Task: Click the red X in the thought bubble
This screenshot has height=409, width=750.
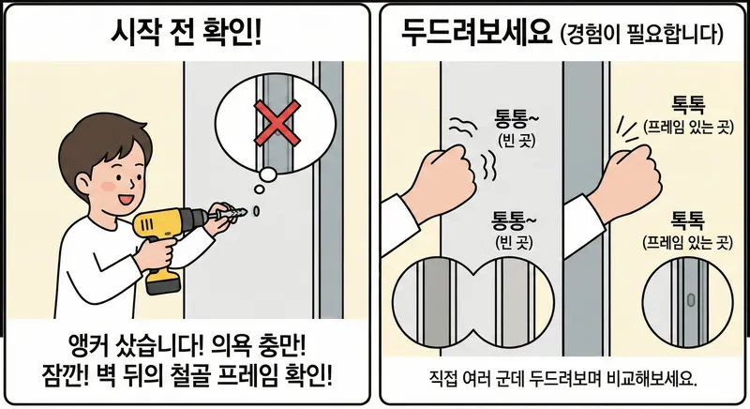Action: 277,123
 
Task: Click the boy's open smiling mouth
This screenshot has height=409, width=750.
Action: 127,197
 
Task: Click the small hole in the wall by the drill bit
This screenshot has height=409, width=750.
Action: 256,211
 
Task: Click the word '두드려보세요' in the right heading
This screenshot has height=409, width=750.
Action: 477,34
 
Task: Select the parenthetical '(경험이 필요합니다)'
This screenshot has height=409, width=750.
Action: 641,35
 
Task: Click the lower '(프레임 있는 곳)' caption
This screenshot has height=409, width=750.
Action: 687,243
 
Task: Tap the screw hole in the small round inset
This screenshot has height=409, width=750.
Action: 690,300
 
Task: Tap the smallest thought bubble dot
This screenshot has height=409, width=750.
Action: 260,189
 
